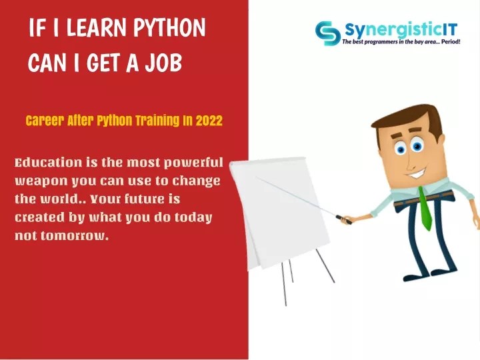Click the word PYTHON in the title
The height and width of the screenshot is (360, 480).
click(169, 28)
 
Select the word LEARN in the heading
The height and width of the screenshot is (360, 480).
click(97, 28)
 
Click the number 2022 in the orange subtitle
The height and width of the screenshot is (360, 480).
click(209, 121)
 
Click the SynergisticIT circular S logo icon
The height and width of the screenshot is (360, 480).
click(327, 33)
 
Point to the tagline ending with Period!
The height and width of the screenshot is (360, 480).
click(401, 42)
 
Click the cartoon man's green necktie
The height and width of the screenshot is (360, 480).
click(425, 210)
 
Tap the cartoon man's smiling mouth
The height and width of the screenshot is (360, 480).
click(417, 173)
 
